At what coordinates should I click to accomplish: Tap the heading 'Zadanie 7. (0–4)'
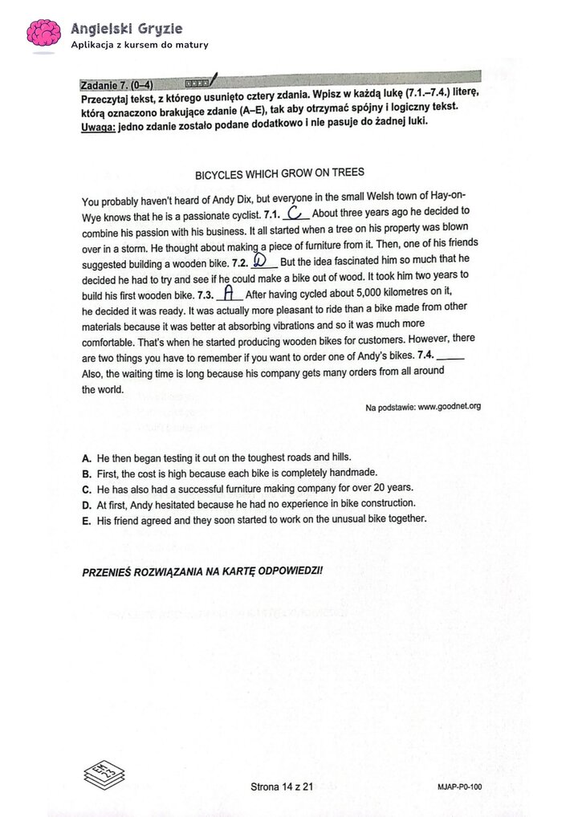pyautogui.click(x=117, y=84)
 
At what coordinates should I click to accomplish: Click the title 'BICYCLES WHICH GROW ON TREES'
pyautogui.click(x=279, y=173)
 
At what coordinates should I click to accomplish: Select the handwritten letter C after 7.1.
pyautogui.click(x=295, y=213)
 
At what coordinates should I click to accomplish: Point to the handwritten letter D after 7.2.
pyautogui.click(x=259, y=262)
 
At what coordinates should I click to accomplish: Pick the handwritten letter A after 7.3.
pyautogui.click(x=230, y=292)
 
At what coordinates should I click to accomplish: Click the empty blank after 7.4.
pyautogui.click(x=452, y=356)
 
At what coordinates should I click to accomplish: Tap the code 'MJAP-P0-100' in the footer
pyautogui.click(x=460, y=787)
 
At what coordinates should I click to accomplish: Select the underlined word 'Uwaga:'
pyautogui.click(x=99, y=121)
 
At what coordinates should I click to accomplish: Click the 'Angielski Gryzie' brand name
pyautogui.click(x=126, y=28)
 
